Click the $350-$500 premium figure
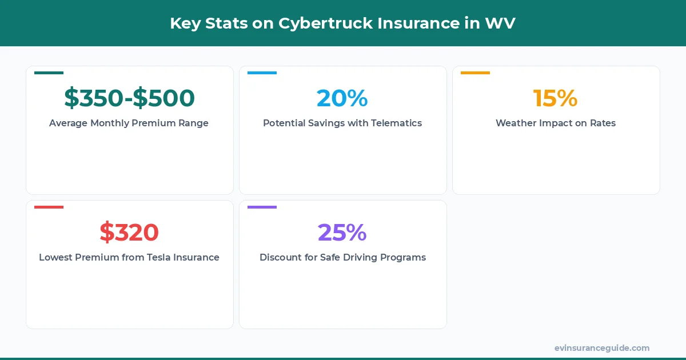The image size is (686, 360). click(129, 98)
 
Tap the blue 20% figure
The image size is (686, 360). click(342, 98)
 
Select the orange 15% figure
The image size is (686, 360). click(556, 98)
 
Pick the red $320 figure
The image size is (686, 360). click(129, 233)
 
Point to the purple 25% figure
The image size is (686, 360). click(342, 233)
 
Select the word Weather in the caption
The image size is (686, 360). click(516, 123)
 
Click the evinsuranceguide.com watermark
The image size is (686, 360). click(601, 348)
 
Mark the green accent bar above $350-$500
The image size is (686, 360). click(49, 73)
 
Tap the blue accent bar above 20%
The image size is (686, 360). click(262, 73)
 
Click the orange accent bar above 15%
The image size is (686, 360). click(475, 73)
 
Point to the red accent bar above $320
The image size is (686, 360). click(49, 207)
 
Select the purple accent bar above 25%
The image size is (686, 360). click(262, 207)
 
